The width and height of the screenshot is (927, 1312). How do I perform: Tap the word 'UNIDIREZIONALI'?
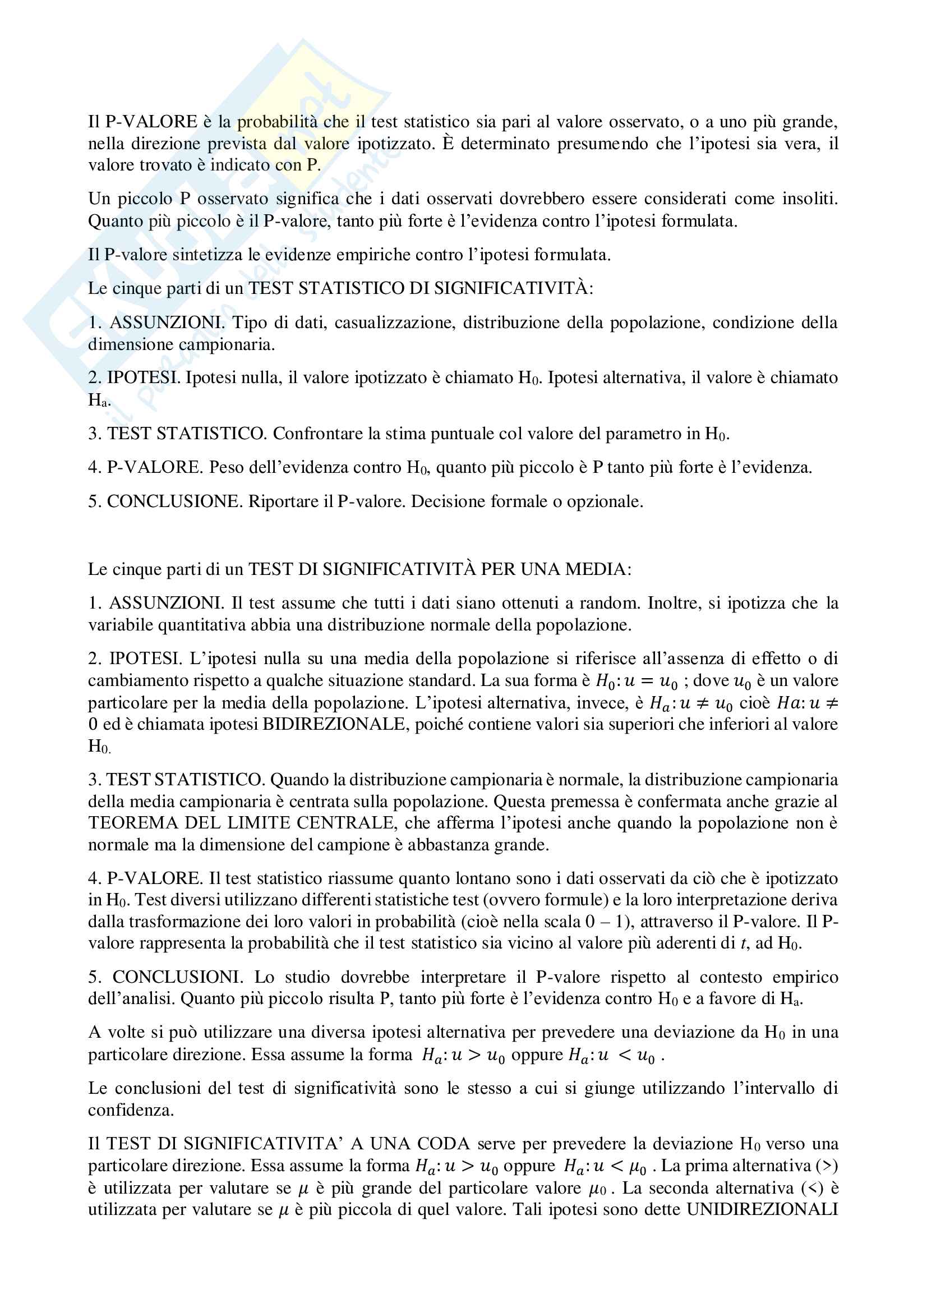click(x=762, y=1210)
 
